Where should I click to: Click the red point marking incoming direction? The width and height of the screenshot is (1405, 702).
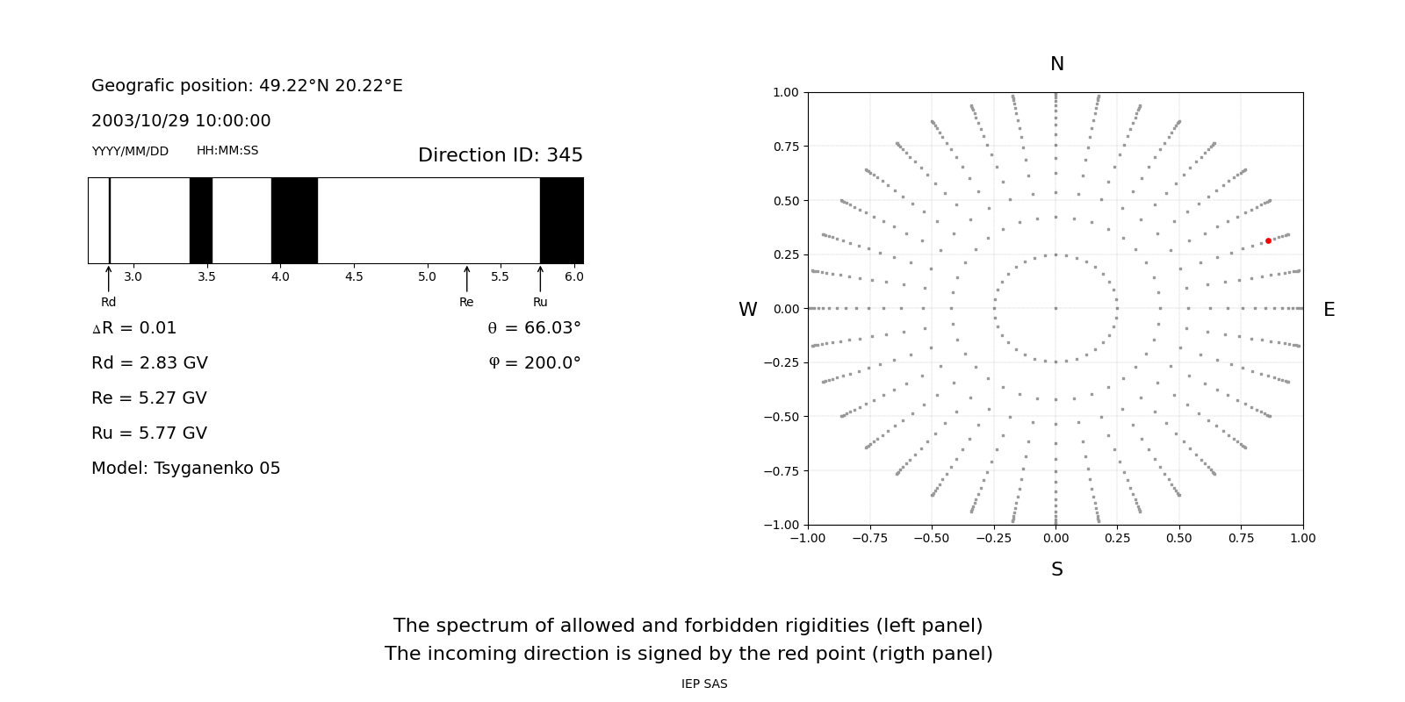coord(1268,240)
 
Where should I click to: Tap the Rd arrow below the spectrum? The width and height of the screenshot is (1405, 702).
coord(109,279)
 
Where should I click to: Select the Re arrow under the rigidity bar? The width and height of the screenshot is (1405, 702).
coord(466,279)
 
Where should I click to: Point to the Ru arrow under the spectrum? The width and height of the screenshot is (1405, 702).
coord(540,279)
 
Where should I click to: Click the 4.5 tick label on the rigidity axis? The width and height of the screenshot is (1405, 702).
coord(354,277)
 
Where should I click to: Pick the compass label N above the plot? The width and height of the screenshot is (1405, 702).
coord(1057,64)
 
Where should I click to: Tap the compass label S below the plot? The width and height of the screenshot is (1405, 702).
coord(1057,569)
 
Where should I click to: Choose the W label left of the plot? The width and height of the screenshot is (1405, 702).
coord(747,310)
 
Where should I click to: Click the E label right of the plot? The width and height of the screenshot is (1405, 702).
coord(1329,310)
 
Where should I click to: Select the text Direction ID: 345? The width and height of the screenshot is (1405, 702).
coord(501,154)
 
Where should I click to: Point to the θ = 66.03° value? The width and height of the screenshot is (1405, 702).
coord(535,328)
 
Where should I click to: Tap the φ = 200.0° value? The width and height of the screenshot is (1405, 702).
coord(535,363)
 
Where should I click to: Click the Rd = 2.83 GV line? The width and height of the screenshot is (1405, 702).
coord(149,363)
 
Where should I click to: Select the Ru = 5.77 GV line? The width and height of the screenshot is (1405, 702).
coord(149,433)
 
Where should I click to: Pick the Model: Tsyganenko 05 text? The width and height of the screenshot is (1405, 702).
coord(185,469)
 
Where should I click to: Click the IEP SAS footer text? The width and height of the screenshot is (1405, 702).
coord(704,684)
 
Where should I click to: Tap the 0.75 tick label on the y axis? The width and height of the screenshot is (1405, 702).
coord(786,147)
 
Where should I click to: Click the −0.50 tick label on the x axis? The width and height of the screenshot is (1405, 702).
coord(932,539)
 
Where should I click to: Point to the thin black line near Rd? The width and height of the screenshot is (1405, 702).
coord(110,220)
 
